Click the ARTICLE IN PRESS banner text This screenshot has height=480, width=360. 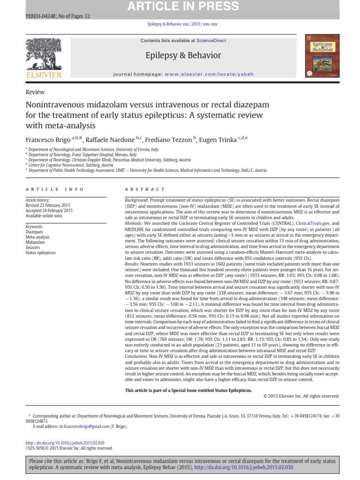coord(180,6)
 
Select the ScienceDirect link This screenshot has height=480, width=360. coord(211,41)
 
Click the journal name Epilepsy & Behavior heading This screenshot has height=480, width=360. coord(183,55)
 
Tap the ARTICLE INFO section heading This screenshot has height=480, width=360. coord(55,189)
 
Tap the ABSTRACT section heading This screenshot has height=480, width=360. coord(145,189)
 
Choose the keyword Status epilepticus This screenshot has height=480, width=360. coord(40,253)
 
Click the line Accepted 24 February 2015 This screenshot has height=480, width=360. coord(49,210)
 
